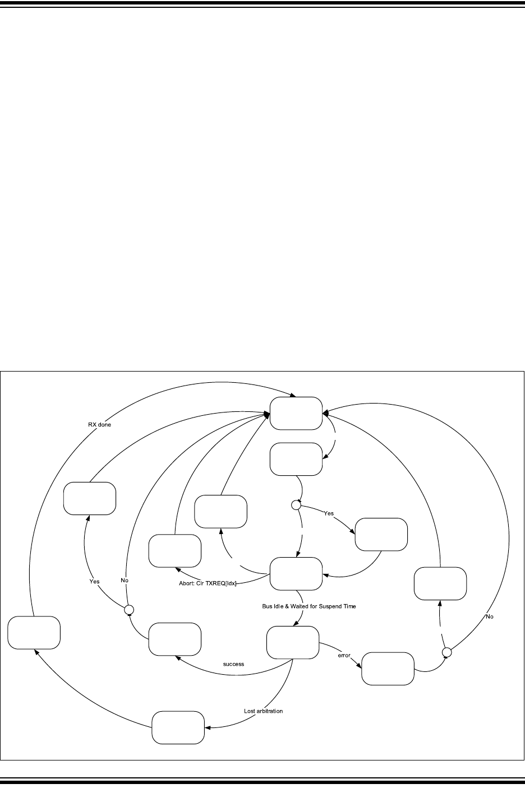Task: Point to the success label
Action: [233, 664]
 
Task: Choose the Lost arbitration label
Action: [264, 711]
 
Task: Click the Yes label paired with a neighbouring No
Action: [94, 581]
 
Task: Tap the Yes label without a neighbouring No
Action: [329, 513]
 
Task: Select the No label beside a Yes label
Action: [125, 580]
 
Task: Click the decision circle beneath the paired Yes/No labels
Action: [128, 609]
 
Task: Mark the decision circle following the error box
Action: [447, 652]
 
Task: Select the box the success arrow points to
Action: [174, 638]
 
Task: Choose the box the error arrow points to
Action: [388, 668]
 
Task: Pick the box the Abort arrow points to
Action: [174, 551]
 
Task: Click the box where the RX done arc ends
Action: [296, 413]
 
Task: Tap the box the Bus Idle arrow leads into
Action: [292, 643]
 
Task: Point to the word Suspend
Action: [334, 606]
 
